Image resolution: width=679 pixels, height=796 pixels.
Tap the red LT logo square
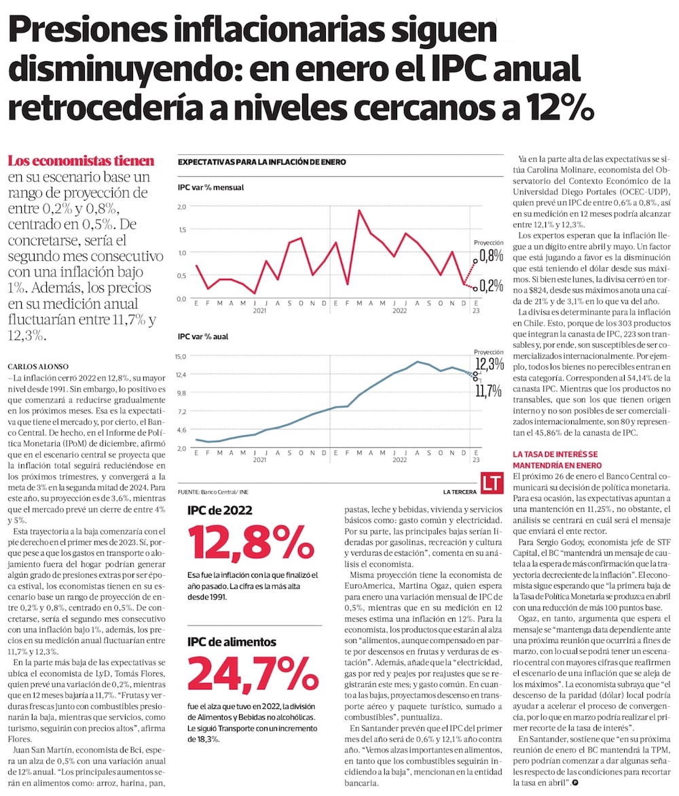pyautogui.click(x=491, y=483)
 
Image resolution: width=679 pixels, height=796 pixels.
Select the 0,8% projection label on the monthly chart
pyautogui.click(x=491, y=256)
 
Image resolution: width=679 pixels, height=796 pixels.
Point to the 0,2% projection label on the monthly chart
pyautogui.click(x=491, y=285)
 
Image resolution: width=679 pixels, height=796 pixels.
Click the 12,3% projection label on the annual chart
pyautogui.click(x=490, y=364)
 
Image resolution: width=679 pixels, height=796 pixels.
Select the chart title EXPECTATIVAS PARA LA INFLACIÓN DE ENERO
pyautogui.click(x=262, y=162)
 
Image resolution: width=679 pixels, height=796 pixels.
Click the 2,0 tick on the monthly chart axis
pyautogui.click(x=181, y=206)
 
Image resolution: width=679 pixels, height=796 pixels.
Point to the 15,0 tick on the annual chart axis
pyautogui.click(x=181, y=356)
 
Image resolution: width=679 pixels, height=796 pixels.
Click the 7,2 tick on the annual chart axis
pyautogui.click(x=181, y=411)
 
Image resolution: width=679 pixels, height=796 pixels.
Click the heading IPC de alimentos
pyautogui.click(x=232, y=641)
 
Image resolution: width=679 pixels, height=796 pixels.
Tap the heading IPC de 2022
pyautogui.click(x=220, y=511)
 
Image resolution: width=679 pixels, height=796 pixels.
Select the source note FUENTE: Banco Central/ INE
pyautogui.click(x=213, y=491)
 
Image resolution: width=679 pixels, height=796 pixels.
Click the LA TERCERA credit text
pyautogui.click(x=460, y=491)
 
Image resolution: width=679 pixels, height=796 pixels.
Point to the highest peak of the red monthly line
pyautogui.click(x=359, y=210)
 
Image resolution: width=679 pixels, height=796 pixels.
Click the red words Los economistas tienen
pyautogui.click(x=81, y=161)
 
